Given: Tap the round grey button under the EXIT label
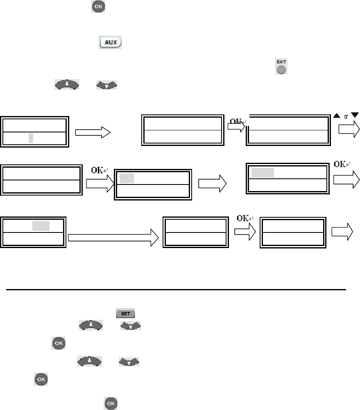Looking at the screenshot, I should pos(281,69).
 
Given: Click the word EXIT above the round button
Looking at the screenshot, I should pos(281,61).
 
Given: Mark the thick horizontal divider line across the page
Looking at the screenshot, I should pos(177,289).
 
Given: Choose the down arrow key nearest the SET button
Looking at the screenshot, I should pos(130,326).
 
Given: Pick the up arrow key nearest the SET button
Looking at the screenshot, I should pos(88,326).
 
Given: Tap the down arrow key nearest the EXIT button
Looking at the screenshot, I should pos(106,85).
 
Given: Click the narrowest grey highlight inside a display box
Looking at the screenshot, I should pos(31,139).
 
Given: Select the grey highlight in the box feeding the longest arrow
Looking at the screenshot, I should pos(41,226).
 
